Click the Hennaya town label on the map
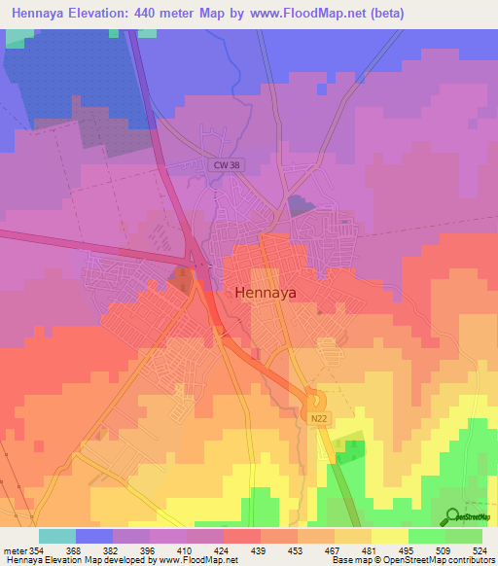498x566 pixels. click(267, 291)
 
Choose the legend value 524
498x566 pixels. click(480, 550)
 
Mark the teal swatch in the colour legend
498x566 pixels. click(56, 536)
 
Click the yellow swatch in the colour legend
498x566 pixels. click(389, 536)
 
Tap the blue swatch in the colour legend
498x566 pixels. click(93, 536)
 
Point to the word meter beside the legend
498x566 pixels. click(15, 550)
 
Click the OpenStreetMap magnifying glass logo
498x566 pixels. click(452, 516)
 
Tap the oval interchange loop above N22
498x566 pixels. click(314, 399)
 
